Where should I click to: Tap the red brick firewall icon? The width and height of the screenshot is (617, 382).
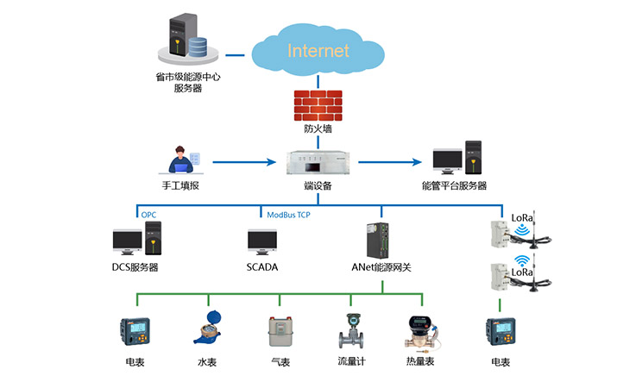[x=317, y=104]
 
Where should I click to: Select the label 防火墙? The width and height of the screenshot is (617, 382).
[x=317, y=130]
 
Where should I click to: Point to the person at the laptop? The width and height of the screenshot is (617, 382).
[x=182, y=161]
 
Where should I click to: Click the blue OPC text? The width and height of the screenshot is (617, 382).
[x=149, y=214]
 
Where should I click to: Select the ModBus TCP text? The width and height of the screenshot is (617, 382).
[x=287, y=214]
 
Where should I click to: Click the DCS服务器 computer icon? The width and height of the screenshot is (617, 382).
[x=137, y=241]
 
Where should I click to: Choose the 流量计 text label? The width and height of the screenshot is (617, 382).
[x=352, y=361]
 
